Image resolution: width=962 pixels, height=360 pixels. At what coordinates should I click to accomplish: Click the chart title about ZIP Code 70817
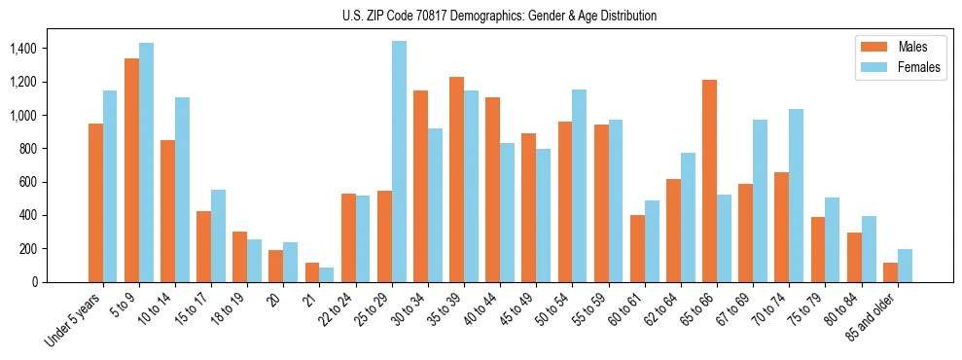click(x=500, y=16)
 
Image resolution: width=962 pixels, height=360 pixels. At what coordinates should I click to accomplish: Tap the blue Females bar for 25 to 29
click(x=399, y=162)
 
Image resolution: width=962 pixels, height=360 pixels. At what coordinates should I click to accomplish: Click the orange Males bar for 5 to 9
click(x=131, y=170)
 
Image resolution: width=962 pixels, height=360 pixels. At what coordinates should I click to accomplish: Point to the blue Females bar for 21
click(x=327, y=274)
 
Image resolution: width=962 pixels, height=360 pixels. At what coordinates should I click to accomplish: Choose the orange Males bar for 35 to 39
click(x=456, y=179)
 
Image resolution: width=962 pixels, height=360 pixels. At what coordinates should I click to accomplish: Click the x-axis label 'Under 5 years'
click(x=76, y=321)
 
